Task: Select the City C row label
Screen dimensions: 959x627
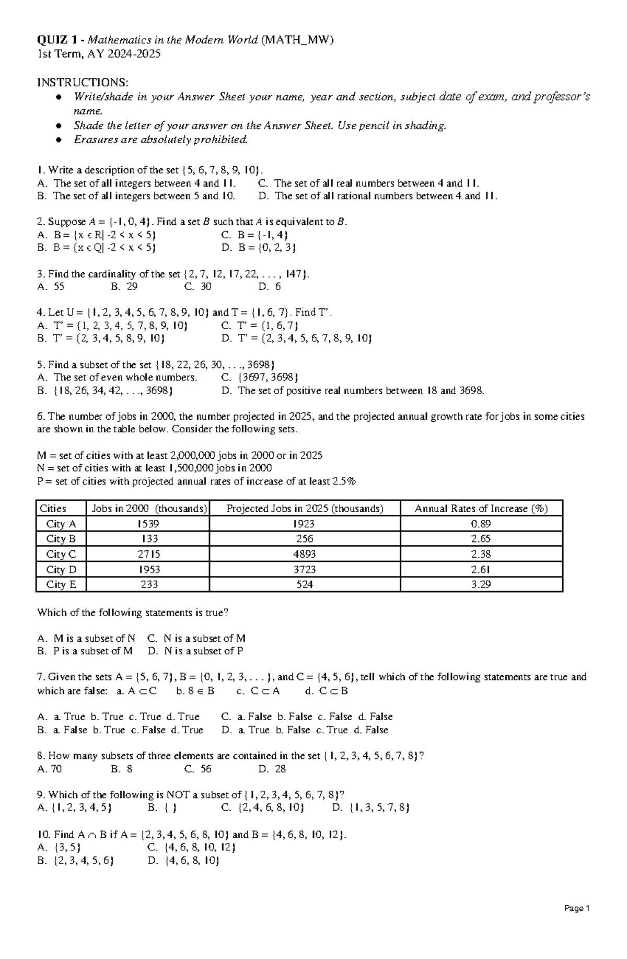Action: [x=61, y=554]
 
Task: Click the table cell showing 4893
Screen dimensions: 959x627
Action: [x=305, y=554]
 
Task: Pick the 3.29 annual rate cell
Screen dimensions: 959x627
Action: [x=481, y=584]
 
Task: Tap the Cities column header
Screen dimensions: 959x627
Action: [x=53, y=509]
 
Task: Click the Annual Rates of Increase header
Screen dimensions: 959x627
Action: [x=481, y=509]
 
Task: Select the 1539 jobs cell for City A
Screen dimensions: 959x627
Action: [x=148, y=524]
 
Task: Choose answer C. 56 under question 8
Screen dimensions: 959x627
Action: [x=198, y=769]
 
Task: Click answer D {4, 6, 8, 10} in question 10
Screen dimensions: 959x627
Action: [x=184, y=861]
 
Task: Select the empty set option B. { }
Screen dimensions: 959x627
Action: [x=162, y=808]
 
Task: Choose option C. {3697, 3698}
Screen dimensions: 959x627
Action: [x=260, y=377]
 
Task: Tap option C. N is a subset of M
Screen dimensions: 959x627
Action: [x=197, y=638]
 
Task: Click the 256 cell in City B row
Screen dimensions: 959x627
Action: [x=305, y=539]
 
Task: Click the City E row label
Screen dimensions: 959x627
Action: [x=61, y=584]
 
